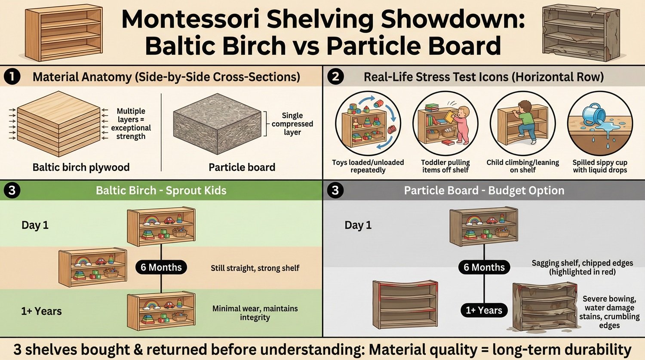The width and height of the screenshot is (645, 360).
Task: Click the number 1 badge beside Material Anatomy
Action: (x=12, y=77)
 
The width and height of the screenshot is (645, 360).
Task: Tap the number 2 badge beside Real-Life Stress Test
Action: (x=335, y=77)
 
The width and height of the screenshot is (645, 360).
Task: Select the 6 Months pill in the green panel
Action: (x=161, y=267)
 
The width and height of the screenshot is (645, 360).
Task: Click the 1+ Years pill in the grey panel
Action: (x=484, y=310)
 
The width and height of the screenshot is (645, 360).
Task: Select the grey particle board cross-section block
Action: (x=217, y=123)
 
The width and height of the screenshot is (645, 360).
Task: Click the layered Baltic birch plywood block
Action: (x=58, y=124)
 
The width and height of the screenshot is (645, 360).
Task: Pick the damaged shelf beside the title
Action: (x=580, y=32)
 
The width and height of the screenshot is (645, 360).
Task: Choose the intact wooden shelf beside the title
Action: (x=64, y=33)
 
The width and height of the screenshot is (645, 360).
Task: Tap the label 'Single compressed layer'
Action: (x=292, y=124)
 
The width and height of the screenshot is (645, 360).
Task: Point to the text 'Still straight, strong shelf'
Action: (x=255, y=268)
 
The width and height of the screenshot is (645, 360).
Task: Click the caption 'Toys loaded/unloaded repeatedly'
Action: (x=368, y=166)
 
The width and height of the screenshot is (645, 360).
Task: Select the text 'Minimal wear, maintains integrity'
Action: (x=255, y=313)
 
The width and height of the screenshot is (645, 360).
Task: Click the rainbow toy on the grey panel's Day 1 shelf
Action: (x=474, y=221)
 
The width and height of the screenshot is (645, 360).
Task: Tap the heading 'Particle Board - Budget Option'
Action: (x=484, y=191)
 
